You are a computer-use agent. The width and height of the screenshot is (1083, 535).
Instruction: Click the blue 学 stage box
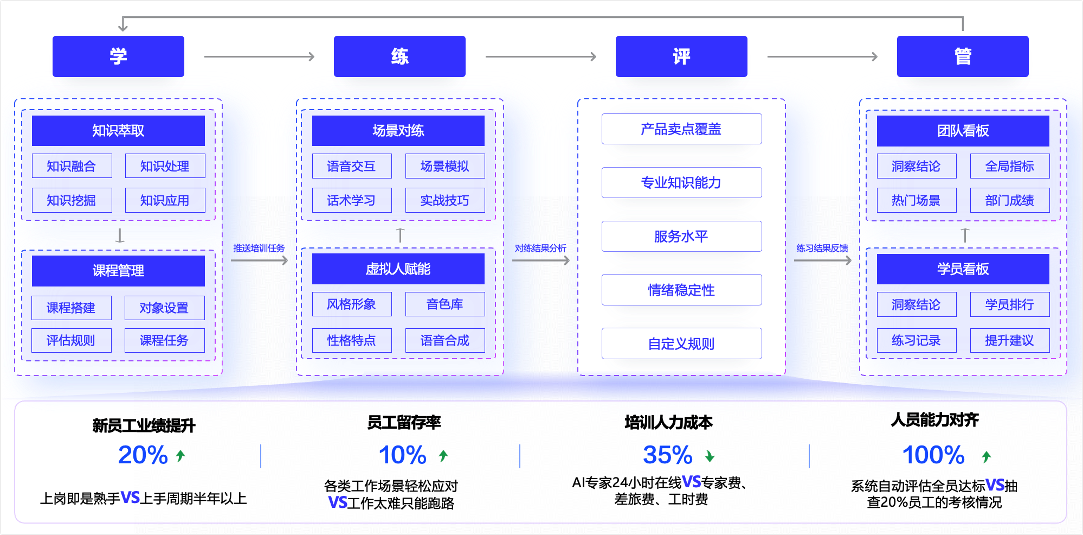(x=118, y=56)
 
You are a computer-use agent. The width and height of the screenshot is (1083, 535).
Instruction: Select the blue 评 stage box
(x=681, y=56)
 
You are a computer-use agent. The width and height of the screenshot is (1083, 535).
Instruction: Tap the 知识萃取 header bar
(x=118, y=131)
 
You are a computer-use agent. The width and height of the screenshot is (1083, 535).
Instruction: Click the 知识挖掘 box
(x=72, y=200)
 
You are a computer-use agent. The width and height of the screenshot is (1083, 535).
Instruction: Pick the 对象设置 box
(x=164, y=308)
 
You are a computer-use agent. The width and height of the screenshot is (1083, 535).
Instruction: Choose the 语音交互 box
(x=352, y=166)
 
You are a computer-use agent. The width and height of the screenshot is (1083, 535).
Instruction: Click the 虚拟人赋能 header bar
(x=398, y=269)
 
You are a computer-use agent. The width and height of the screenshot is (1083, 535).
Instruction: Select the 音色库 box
(x=445, y=304)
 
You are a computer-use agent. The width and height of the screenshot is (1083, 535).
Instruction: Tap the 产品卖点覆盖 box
(x=681, y=129)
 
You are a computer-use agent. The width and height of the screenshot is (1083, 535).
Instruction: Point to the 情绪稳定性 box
(x=681, y=290)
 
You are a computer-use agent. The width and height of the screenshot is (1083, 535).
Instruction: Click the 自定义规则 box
(x=681, y=343)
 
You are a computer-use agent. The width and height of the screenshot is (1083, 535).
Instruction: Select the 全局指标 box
(x=1010, y=166)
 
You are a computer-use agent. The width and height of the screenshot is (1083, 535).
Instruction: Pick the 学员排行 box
(x=1010, y=304)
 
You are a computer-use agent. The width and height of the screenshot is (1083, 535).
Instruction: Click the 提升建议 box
(x=1010, y=340)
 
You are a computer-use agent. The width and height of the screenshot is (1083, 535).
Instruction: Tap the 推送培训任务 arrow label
(x=259, y=248)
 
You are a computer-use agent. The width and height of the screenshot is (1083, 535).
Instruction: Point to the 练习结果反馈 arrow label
(x=822, y=248)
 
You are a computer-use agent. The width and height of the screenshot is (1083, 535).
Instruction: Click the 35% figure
(x=668, y=455)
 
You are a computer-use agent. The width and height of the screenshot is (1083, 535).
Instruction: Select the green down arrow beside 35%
(x=710, y=456)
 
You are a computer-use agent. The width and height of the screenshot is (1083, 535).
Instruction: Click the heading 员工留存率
(x=404, y=422)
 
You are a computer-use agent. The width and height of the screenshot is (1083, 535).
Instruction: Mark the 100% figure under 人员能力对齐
(x=933, y=455)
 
